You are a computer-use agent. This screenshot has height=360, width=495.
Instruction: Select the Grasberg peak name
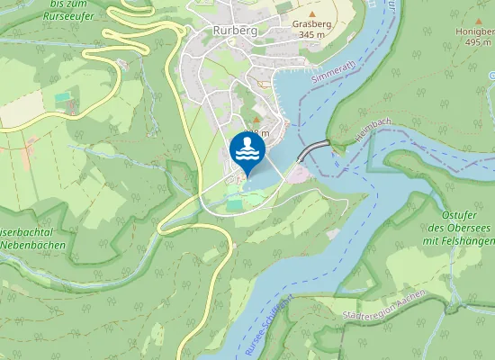[x=311, y=23]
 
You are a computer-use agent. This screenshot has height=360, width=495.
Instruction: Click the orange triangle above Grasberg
[x=311, y=13]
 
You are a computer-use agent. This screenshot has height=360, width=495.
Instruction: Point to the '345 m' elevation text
[x=311, y=34]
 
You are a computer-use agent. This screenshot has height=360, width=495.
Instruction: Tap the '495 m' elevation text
[x=474, y=41]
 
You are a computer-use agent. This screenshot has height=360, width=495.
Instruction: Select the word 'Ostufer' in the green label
[x=460, y=215]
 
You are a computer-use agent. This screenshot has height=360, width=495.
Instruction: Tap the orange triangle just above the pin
[x=255, y=118]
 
